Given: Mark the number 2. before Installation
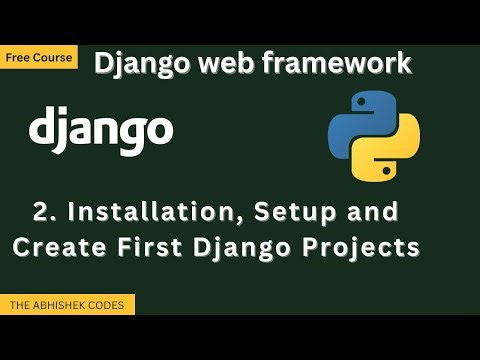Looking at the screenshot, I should coord(43,212).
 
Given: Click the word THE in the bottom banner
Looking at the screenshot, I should coord(19,305).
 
